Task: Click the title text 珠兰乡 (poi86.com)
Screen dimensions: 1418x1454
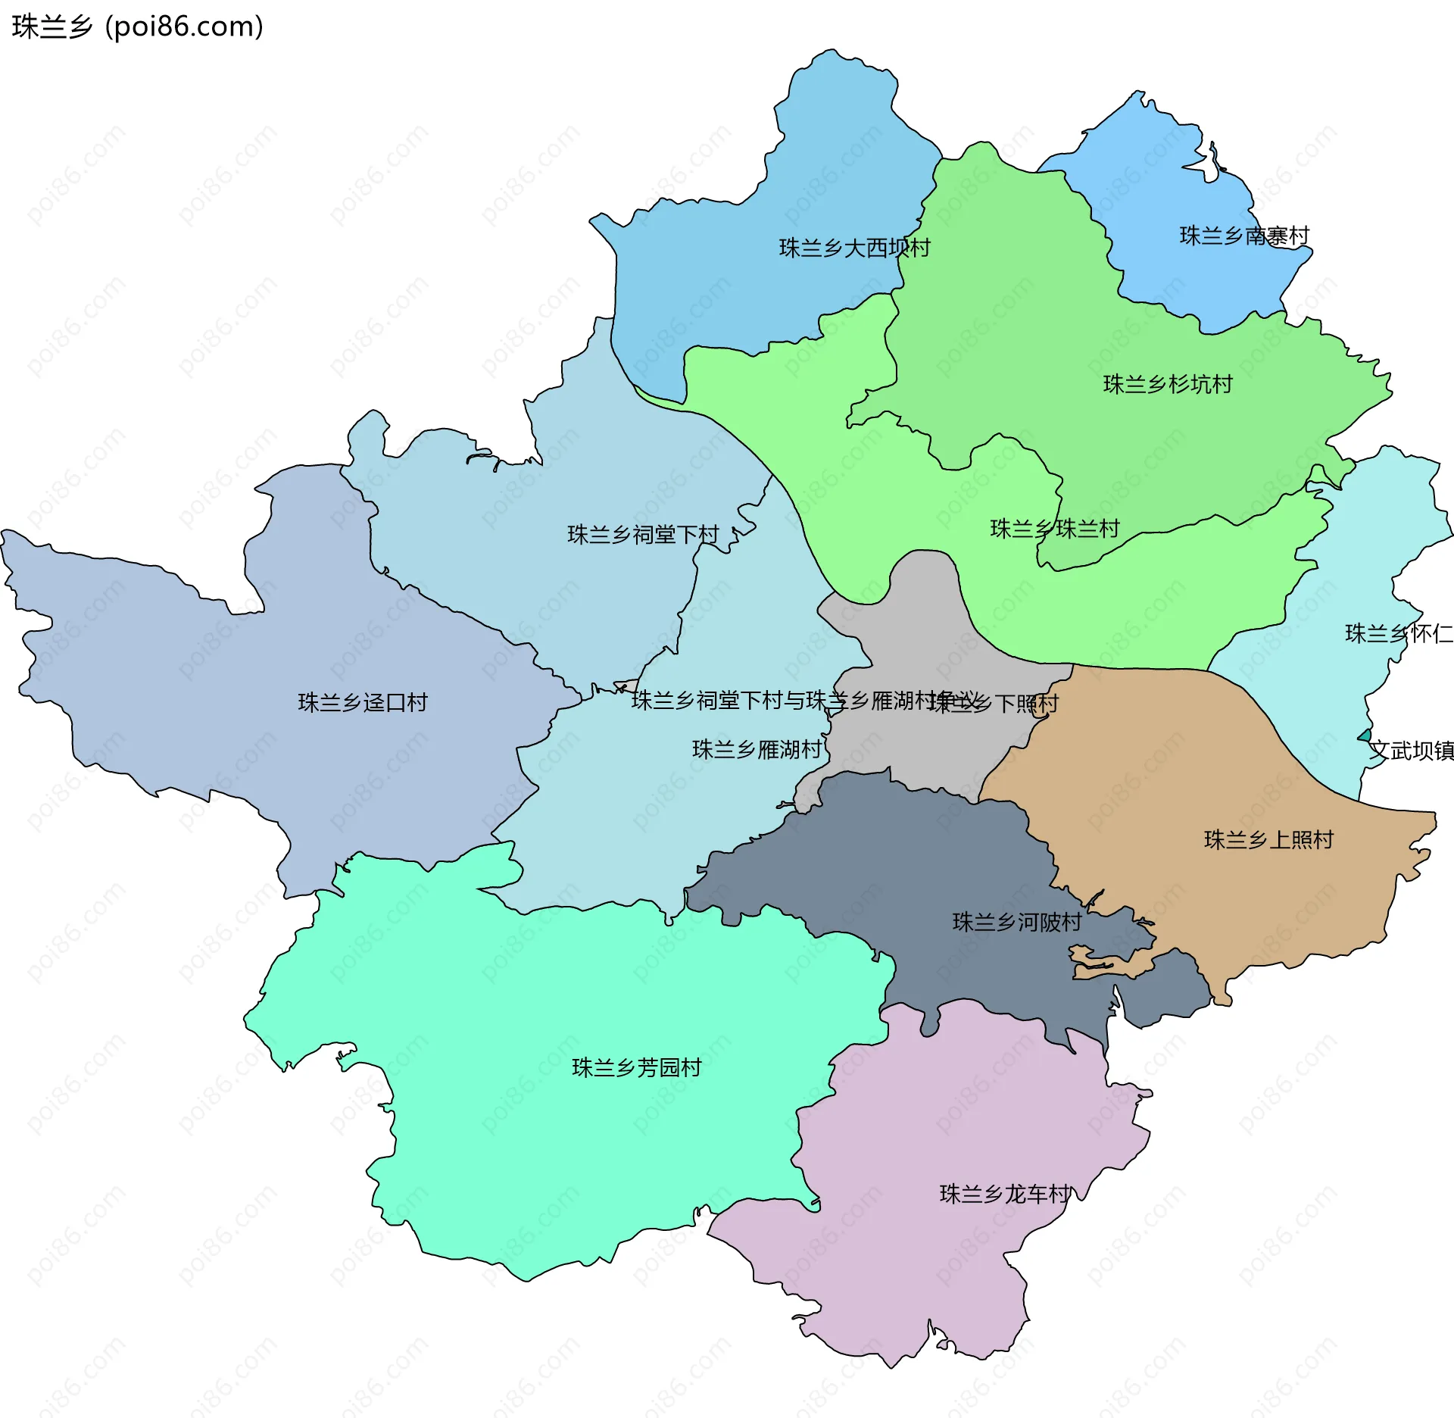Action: (137, 27)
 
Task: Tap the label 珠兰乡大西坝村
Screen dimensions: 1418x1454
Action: (853, 248)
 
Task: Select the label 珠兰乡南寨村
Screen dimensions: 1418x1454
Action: (1243, 236)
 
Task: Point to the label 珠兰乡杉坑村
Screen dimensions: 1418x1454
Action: (1167, 384)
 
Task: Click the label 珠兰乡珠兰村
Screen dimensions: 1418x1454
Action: (1054, 528)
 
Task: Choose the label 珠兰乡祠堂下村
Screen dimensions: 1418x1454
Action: (642, 535)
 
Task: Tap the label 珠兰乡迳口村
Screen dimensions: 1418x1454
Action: (362, 702)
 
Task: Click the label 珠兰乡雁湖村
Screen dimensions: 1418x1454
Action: (756, 749)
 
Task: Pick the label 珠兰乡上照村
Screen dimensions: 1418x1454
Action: (1268, 839)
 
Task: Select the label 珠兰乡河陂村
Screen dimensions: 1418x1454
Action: (1016, 922)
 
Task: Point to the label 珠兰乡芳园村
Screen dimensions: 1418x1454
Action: (636, 1067)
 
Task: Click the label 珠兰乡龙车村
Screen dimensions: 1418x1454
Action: (1004, 1194)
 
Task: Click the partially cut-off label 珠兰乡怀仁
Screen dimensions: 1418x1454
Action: (1398, 633)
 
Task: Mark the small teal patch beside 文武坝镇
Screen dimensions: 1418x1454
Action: (1365, 736)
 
